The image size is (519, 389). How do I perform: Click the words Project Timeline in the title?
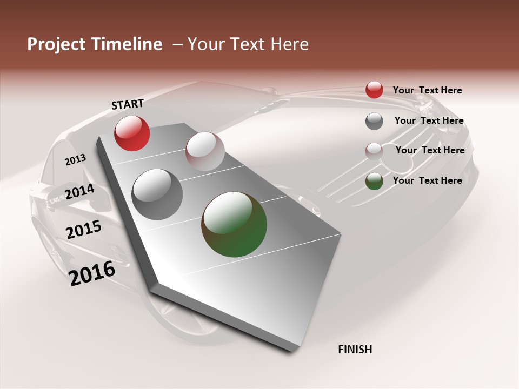point(95,44)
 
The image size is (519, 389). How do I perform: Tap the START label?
point(128,104)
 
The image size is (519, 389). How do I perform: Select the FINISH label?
point(355,350)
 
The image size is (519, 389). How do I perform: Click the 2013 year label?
point(75,159)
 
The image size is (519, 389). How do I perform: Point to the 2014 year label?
point(79,192)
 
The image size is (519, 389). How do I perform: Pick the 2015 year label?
point(84,230)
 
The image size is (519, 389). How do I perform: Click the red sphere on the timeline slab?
point(132,133)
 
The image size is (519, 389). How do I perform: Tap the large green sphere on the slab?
point(234,224)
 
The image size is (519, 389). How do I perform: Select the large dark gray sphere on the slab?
point(157,194)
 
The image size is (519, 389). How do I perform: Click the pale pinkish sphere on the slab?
point(205,151)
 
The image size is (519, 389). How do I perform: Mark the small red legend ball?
point(374,90)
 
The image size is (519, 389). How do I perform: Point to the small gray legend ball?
point(374,121)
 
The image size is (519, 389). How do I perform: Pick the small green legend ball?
point(374,181)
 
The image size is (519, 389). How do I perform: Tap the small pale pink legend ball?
point(374,151)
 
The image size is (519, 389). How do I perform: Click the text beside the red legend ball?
point(427,90)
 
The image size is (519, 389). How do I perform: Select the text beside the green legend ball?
point(427,180)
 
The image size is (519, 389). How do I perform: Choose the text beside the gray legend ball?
point(429,120)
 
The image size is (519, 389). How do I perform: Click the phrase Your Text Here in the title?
point(248,44)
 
